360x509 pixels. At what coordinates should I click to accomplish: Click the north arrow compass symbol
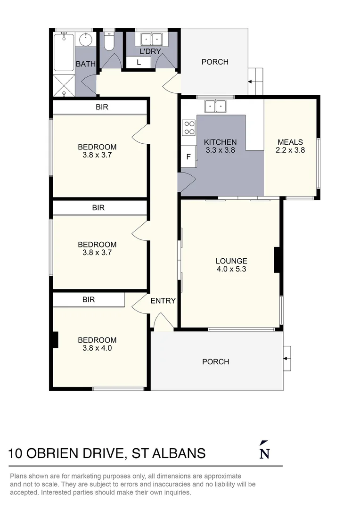click(x=264, y=450)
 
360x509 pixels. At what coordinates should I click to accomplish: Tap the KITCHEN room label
click(x=220, y=142)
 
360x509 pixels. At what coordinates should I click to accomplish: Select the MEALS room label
click(x=290, y=142)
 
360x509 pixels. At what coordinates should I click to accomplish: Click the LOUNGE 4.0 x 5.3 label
click(x=231, y=265)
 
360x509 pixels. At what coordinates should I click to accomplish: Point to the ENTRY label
click(x=163, y=301)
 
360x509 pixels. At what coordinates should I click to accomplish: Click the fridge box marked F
click(x=188, y=157)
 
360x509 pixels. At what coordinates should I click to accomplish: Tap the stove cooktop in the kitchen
click(x=189, y=127)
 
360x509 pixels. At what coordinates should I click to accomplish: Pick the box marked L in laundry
click(x=139, y=62)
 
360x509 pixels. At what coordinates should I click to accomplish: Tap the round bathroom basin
click(x=85, y=40)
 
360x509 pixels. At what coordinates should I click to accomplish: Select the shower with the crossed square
click(x=64, y=85)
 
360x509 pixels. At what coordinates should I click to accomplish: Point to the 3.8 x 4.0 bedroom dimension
click(x=97, y=349)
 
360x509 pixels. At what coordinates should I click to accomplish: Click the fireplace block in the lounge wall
click(x=278, y=260)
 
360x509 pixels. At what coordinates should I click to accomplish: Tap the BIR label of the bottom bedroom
click(x=89, y=299)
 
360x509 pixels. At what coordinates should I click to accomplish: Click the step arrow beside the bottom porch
click(x=287, y=359)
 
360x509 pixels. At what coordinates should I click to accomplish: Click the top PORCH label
click(x=215, y=62)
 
